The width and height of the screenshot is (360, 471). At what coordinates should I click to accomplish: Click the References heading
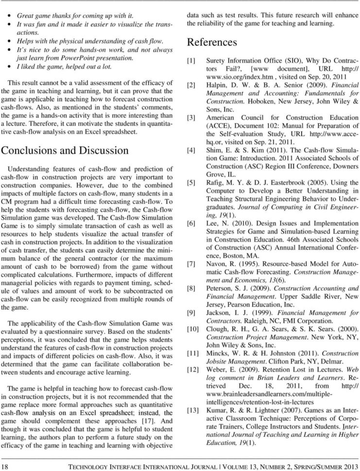tap(212, 43)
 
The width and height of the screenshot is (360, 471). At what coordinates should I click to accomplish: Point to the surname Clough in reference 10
tap(218, 329)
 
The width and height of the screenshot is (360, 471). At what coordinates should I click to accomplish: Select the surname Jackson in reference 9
tap(220, 313)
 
